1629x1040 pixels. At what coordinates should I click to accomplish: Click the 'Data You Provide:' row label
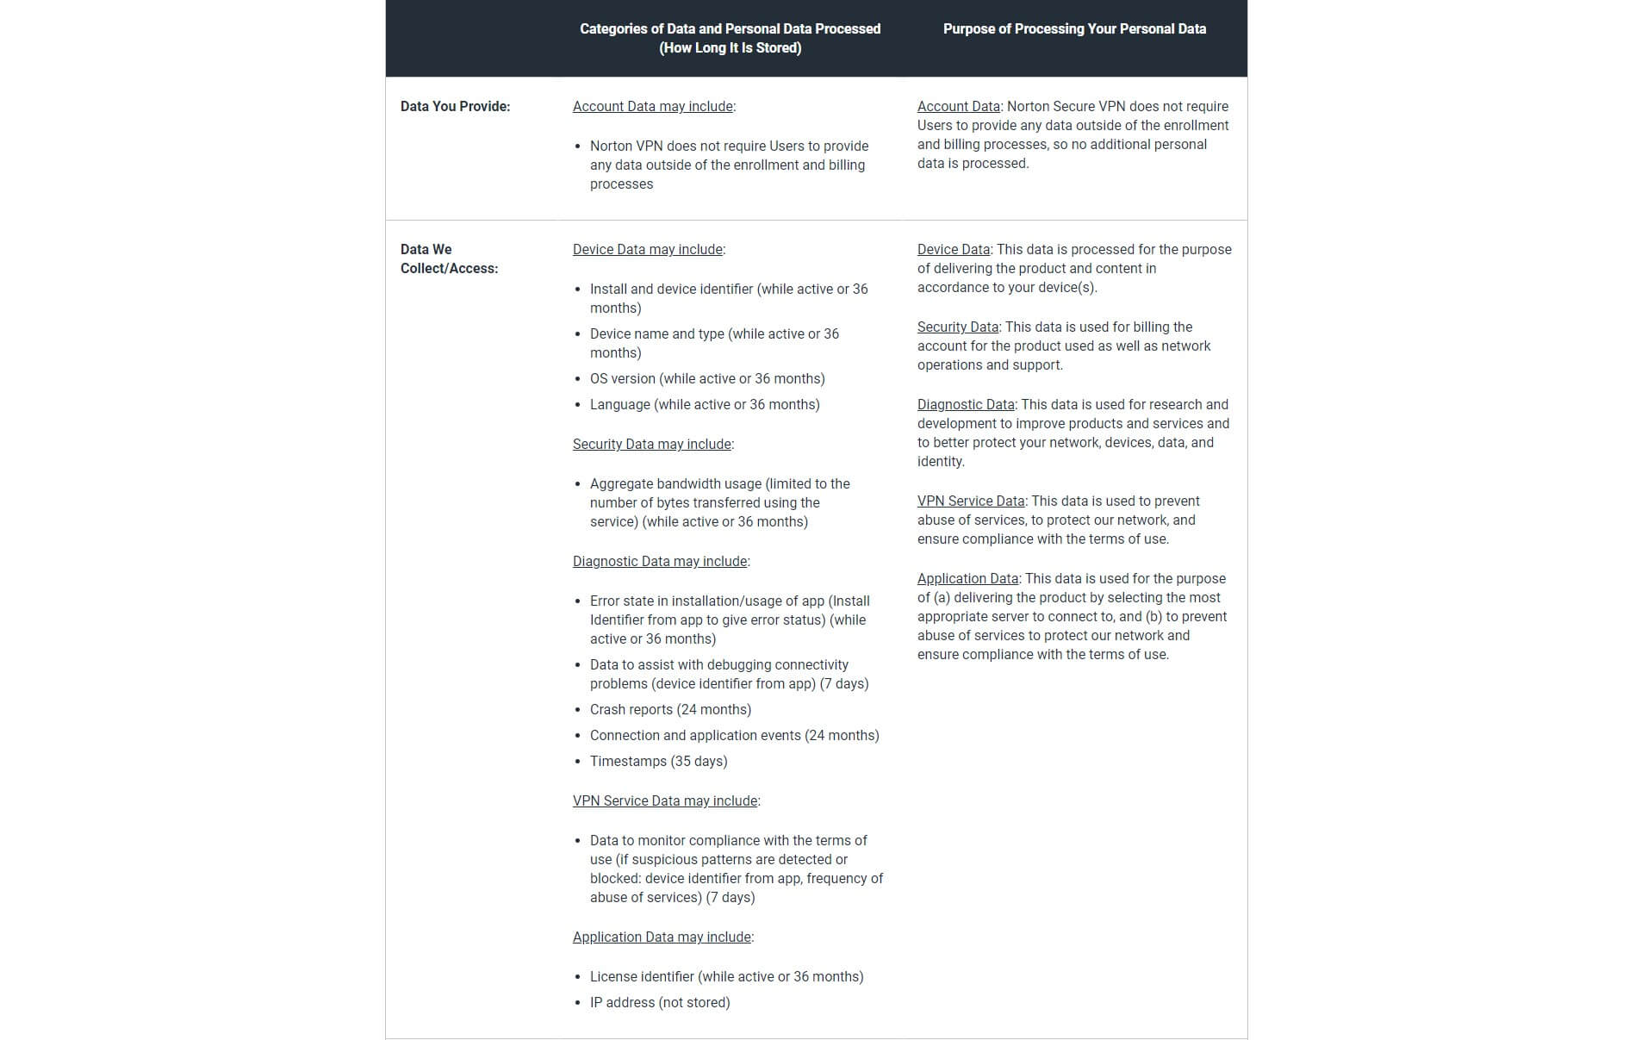(455, 107)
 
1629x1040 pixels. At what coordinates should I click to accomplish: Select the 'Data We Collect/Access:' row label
(449, 258)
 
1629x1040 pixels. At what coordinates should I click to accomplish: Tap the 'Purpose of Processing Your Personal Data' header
(1073, 29)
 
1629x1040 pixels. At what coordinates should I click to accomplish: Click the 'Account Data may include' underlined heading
(653, 107)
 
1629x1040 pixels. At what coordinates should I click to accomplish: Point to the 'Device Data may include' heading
(648, 250)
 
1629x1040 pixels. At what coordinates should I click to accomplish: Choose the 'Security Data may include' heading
(652, 445)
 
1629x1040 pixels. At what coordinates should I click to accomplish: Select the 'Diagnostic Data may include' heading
(660, 562)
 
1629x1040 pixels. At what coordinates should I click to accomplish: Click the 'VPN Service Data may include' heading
(665, 801)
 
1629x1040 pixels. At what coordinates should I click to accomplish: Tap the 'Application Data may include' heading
(662, 937)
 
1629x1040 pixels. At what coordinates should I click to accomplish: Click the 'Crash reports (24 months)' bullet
(670, 710)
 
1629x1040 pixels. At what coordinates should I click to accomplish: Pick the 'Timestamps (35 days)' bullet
(658, 762)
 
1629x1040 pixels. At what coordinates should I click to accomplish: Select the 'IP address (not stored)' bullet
(660, 1003)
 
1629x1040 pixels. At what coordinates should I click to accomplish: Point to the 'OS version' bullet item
(707, 379)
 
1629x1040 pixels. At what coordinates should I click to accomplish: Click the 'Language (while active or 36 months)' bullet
(705, 405)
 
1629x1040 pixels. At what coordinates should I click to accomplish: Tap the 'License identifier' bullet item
(726, 977)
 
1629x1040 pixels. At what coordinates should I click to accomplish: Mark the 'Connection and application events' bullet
(734, 736)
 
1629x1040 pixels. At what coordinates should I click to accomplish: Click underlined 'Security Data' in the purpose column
(957, 327)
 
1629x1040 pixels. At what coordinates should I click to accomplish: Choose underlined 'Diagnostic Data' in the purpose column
(966, 405)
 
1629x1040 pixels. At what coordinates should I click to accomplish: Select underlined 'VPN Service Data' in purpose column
(971, 501)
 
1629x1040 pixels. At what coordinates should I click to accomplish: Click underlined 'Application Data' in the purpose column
(967, 579)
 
